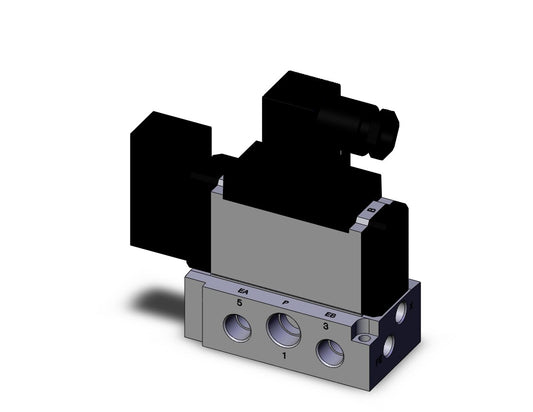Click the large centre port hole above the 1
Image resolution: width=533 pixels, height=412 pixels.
click(x=279, y=327)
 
